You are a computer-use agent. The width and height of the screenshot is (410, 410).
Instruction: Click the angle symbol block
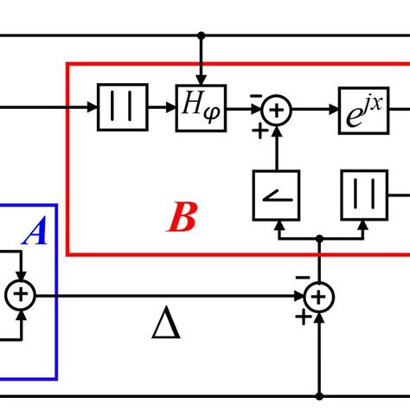point(276,195)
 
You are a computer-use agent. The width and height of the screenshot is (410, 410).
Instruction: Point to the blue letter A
point(35,232)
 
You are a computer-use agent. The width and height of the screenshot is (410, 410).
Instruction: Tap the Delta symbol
point(165,325)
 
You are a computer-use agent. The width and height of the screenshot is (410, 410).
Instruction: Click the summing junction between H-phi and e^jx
point(277,110)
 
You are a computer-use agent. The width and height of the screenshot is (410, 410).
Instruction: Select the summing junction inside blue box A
point(19,297)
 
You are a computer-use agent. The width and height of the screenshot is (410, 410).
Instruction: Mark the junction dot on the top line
point(201,35)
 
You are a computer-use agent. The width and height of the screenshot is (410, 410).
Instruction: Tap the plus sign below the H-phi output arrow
point(257,131)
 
